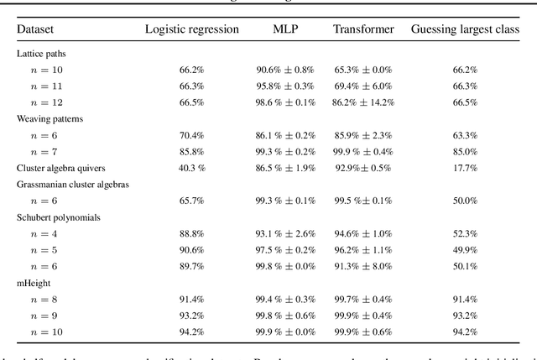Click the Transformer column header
(363, 29)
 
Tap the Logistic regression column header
(192, 29)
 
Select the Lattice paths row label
(40, 53)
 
